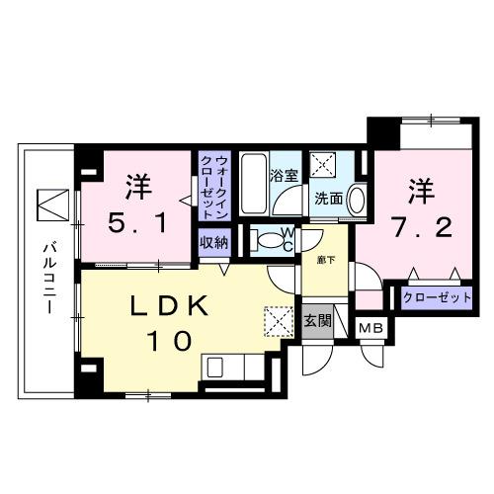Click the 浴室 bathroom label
[x=284, y=176]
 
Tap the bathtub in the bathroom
[x=253, y=184]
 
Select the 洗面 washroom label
[x=328, y=198]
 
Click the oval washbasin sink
[x=357, y=200]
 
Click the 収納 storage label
[x=214, y=243]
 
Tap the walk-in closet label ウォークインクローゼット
[x=214, y=188]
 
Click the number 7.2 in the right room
[x=422, y=228]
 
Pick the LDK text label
[x=170, y=306]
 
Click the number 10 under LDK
[x=171, y=341]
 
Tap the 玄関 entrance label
[x=317, y=320]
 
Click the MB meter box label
[x=370, y=328]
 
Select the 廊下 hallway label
[x=326, y=260]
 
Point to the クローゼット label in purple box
[x=437, y=297]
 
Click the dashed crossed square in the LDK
[x=279, y=322]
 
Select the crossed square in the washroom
[x=323, y=163]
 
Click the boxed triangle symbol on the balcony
[x=52, y=205]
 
